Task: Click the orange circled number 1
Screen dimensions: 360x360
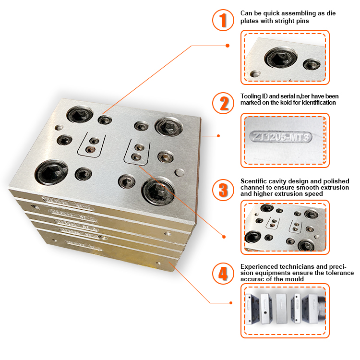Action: click(223, 21)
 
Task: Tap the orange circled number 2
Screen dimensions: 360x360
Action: click(223, 103)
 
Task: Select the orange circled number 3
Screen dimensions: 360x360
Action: click(223, 189)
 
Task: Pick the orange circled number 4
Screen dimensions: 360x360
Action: click(223, 273)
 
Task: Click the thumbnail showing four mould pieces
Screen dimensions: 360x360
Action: click(285, 310)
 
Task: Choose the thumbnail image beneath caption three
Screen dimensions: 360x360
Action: click(285, 227)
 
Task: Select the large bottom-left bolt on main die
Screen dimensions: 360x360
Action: click(50, 170)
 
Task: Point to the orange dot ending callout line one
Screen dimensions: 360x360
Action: click(227, 46)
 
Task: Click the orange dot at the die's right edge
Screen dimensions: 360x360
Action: click(218, 136)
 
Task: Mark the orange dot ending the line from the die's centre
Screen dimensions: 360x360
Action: click(224, 236)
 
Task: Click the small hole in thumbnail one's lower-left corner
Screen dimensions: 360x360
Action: click(255, 74)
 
